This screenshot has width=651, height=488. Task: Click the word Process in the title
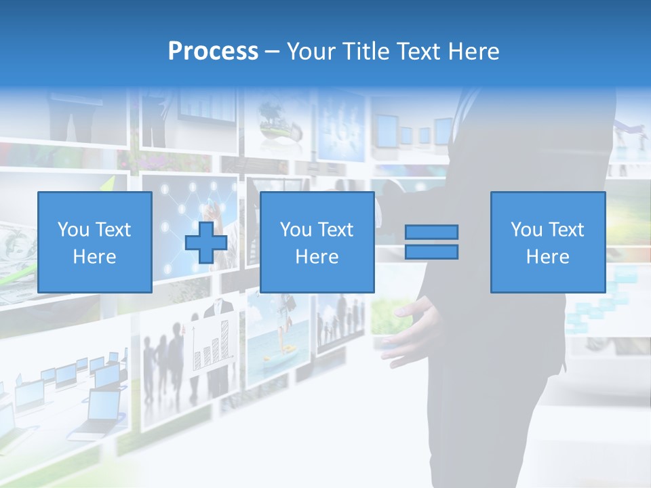click(x=213, y=52)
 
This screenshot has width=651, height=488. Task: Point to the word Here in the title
click(x=473, y=52)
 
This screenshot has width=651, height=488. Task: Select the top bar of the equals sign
click(x=431, y=232)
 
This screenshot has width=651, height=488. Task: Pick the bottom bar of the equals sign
click(x=431, y=252)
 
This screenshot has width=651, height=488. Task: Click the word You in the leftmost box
click(x=73, y=230)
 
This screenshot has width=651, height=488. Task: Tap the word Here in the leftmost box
click(x=94, y=257)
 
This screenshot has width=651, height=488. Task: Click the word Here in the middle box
click(x=317, y=257)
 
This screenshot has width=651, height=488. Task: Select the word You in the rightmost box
click(x=526, y=230)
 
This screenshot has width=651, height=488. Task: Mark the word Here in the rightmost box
click(x=547, y=257)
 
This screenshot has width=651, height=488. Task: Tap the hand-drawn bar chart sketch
click(x=212, y=342)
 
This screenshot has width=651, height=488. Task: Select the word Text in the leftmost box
click(x=113, y=230)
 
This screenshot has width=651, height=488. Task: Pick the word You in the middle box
click(x=296, y=230)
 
